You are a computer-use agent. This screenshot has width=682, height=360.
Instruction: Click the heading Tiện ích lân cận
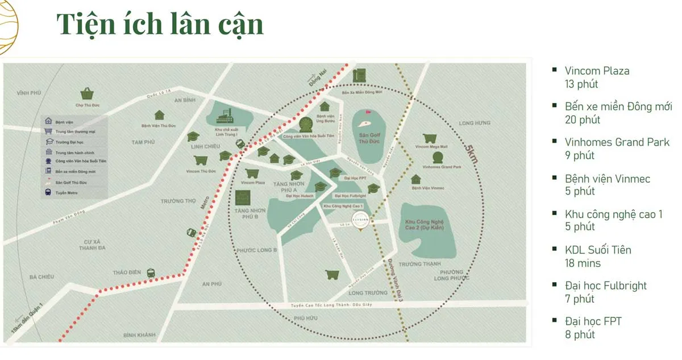pos(160,25)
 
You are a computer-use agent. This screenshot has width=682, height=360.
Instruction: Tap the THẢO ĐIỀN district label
pos(127,272)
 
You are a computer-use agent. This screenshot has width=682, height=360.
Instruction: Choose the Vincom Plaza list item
pos(597,71)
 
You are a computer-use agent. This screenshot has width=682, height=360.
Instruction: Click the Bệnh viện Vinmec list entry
pos(607,179)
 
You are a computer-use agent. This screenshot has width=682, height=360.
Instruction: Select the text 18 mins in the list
pos(583,263)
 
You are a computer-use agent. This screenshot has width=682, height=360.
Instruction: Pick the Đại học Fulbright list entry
pos(606,285)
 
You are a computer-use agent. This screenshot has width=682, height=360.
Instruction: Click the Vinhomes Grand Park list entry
pos(617,142)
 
